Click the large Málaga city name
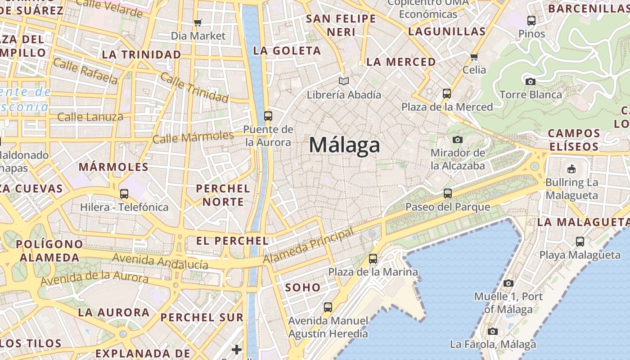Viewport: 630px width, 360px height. (344, 145)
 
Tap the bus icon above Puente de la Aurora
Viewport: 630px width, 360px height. (268, 116)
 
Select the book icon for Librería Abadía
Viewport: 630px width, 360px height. (344, 81)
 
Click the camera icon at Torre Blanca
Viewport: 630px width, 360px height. (531, 81)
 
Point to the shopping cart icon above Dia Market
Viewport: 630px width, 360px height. (198, 22)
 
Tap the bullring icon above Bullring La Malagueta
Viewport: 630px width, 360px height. (571, 169)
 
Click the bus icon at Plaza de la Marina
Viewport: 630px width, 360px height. (373, 259)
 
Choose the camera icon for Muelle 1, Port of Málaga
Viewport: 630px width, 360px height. (508, 283)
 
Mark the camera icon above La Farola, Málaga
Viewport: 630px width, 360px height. (493, 331)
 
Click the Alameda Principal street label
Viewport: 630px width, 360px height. (308, 246)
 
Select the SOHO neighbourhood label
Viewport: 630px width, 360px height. (303, 287)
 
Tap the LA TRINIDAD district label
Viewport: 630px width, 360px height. (141, 55)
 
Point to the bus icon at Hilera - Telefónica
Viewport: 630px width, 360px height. (124, 194)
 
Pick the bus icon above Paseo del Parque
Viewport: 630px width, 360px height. (447, 193)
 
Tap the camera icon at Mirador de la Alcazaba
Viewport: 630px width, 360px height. (458, 139)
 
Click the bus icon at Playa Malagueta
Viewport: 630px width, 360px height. (580, 242)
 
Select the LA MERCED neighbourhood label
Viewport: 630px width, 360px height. (401, 62)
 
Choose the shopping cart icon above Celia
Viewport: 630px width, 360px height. (474, 57)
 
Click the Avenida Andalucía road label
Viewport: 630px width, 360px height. (160, 261)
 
